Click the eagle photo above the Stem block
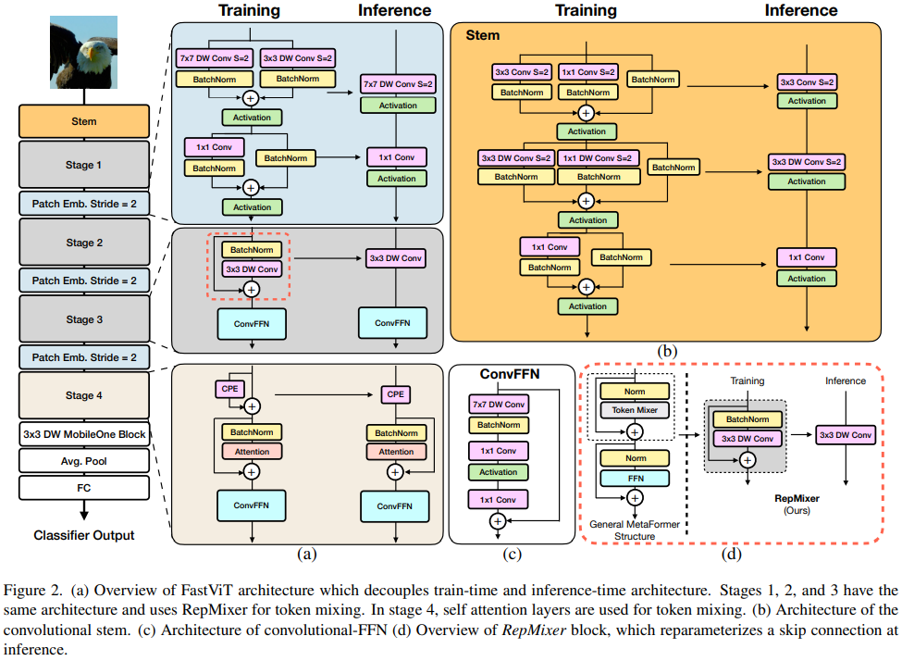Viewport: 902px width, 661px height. coord(84,55)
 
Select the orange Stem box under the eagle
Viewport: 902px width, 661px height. coord(84,121)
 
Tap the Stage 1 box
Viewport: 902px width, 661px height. coord(84,165)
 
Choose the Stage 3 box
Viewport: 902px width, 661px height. coord(84,319)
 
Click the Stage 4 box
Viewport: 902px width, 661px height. coord(84,395)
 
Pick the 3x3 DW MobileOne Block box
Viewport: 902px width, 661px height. coord(84,434)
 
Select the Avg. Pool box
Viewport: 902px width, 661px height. coord(84,460)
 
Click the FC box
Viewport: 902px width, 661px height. coord(84,485)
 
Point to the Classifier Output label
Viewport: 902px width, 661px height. coord(84,535)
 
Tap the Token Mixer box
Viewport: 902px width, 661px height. coord(634,409)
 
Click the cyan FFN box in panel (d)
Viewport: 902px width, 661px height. coord(634,479)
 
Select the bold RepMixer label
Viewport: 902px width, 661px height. coord(797,497)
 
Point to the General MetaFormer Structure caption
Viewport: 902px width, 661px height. coord(635,530)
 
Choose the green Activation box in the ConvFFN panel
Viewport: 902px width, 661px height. coord(498,472)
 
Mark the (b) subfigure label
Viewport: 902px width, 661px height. coord(666,352)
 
